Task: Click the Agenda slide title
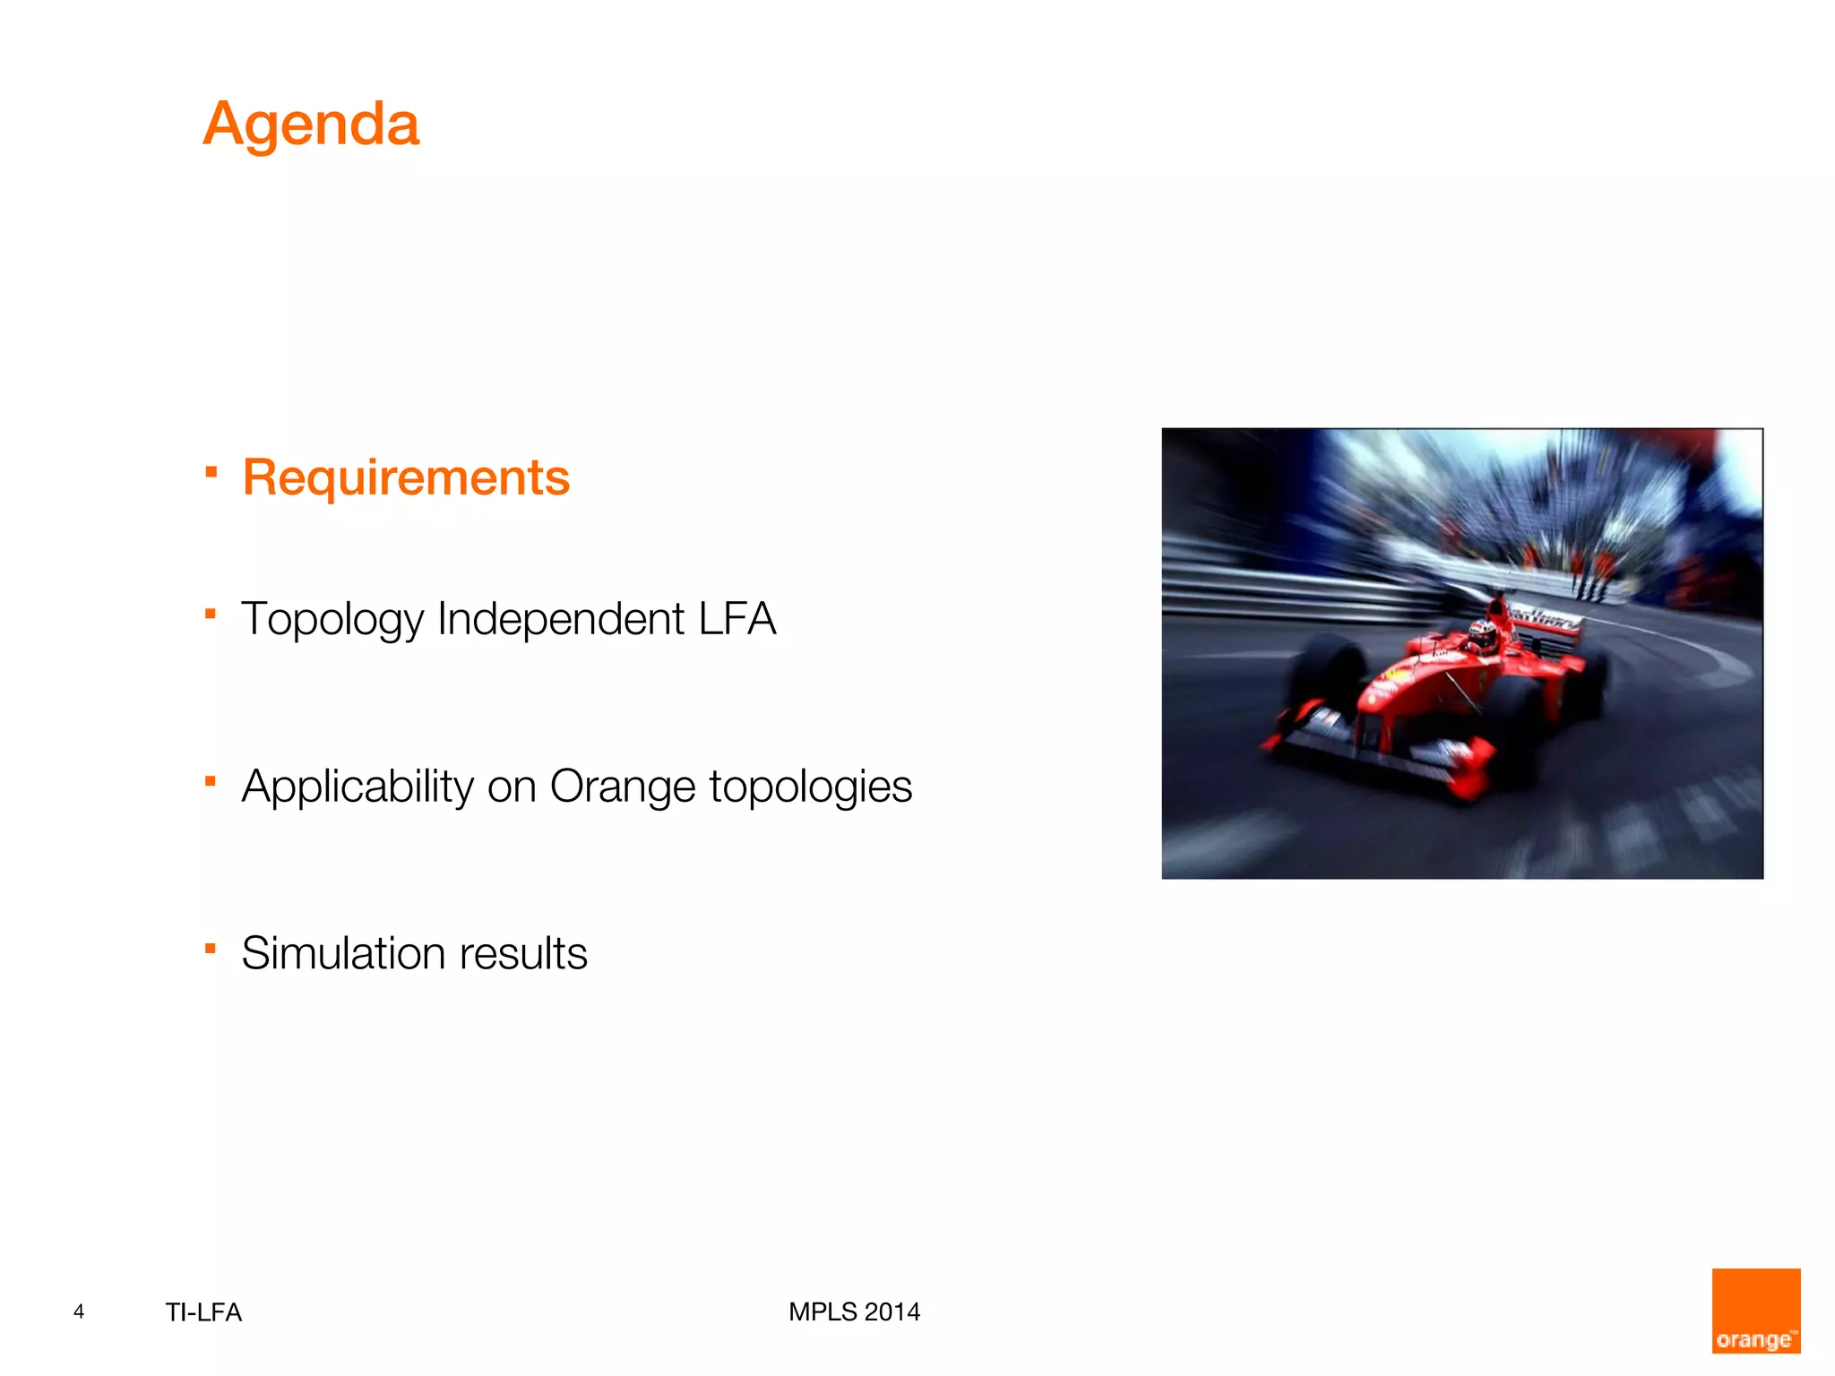(x=310, y=124)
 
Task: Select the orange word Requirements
(x=406, y=477)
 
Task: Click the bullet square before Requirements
(x=211, y=471)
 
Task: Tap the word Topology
(x=332, y=620)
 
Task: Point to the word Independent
(x=561, y=619)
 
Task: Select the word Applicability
(x=358, y=787)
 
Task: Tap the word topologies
(x=810, y=787)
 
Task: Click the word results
(x=523, y=953)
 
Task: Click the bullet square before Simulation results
(x=211, y=948)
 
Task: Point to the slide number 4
(x=79, y=1311)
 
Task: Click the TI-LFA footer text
(x=203, y=1312)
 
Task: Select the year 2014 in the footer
(x=892, y=1311)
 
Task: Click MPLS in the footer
(x=823, y=1311)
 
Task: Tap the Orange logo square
(x=1755, y=1310)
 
